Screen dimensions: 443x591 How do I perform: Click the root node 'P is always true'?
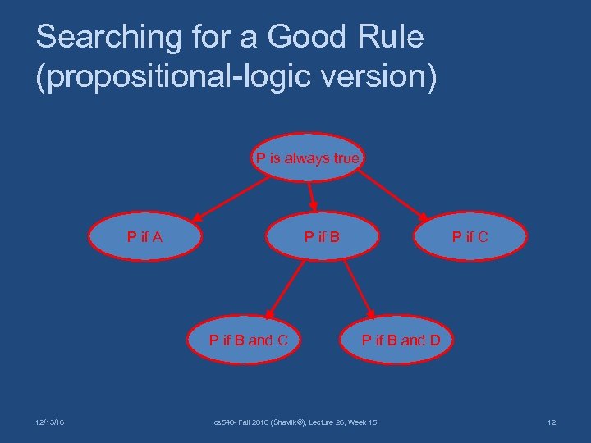pos(307,158)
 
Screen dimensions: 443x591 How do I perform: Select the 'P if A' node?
pos(144,237)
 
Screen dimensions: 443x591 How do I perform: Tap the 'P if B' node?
pos(322,237)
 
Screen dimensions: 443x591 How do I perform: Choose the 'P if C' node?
pos(470,237)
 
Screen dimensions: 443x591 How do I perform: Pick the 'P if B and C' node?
pos(249,339)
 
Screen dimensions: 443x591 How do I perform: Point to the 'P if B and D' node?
pos(401,339)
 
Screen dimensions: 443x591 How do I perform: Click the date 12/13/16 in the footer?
pos(51,422)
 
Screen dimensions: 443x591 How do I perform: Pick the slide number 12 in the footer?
pos(551,422)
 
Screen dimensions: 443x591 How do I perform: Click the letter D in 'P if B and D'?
pos(434,339)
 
